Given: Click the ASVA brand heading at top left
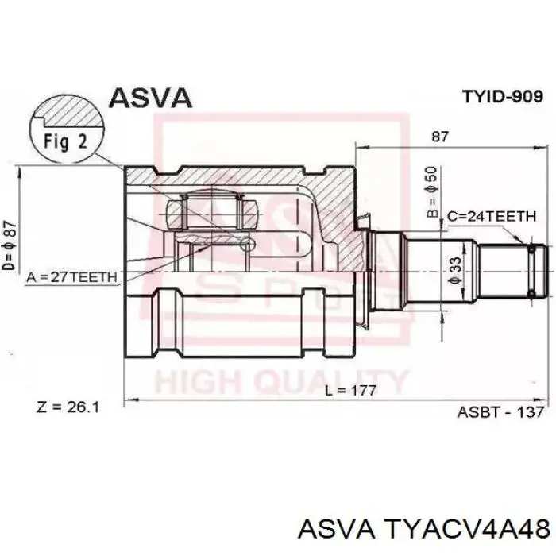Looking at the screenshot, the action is click(150, 98).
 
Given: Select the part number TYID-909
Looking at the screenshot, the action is click(503, 96).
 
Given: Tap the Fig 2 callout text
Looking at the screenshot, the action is click(66, 142).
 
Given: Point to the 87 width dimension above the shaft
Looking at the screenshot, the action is click(440, 137).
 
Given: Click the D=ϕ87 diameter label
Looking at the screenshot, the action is click(10, 245).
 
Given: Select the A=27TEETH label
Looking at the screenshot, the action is click(71, 277).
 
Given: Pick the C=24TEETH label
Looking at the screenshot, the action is click(492, 216).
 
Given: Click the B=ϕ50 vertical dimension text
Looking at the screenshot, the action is click(433, 192).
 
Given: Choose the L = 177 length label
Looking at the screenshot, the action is click(351, 391).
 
